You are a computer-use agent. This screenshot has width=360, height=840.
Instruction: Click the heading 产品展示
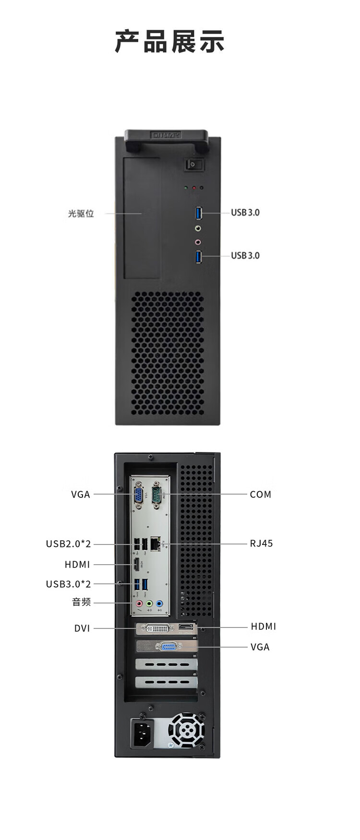pos(170,42)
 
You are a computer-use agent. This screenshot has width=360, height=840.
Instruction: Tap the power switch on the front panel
pos(194,165)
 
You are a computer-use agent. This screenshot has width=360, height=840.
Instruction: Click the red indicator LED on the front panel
pos(194,188)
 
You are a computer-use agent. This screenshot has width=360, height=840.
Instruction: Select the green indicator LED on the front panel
pos(186,188)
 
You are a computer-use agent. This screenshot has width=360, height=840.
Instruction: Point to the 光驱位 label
pos(81,213)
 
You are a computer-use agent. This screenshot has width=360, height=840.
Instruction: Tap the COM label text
pos(261,494)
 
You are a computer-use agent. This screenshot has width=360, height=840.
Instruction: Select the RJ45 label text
pos(261,544)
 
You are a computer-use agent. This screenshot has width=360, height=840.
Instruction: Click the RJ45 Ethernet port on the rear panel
pos(156,544)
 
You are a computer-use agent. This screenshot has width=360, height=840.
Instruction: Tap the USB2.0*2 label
pos(68,544)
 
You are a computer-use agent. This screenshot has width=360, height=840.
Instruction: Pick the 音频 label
pos(81,602)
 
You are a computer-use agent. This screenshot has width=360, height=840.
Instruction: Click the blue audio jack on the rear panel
pos(160,603)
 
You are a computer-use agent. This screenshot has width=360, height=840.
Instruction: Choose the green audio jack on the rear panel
pos(150,603)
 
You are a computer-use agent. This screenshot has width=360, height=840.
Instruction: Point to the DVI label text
pos(82,628)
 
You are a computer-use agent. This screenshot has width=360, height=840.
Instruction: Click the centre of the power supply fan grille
pos(186,730)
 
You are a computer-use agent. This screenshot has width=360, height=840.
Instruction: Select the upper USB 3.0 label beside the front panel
pos(245,213)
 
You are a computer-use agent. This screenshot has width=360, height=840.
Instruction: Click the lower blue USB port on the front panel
pos(199,256)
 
